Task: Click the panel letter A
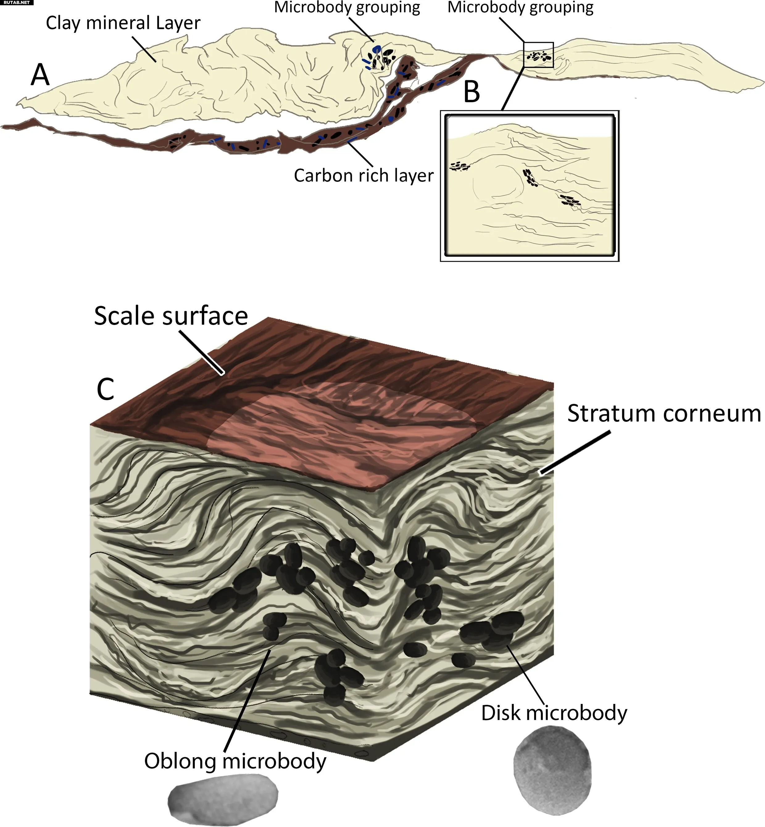tap(40, 75)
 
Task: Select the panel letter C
tap(105, 389)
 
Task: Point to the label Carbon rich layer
tap(364, 176)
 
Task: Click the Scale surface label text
tap(171, 316)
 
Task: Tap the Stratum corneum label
tap(664, 413)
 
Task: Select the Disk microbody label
tap(554, 713)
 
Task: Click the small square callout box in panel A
tap(538, 55)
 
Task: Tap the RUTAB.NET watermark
tap(17, 2)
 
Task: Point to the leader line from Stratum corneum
tap(575, 453)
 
